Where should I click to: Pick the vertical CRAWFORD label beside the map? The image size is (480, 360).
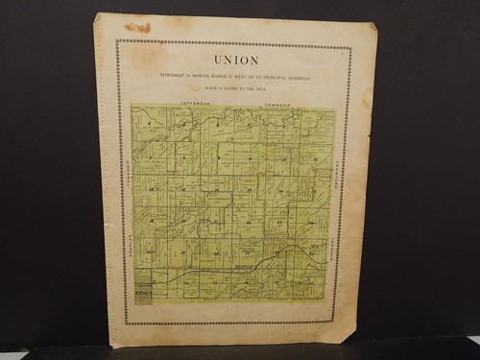126,179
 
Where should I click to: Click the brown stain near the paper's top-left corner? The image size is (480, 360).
137,28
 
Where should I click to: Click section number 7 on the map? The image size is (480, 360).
149,154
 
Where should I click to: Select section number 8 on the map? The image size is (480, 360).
183,154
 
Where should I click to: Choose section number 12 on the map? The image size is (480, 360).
317,154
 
